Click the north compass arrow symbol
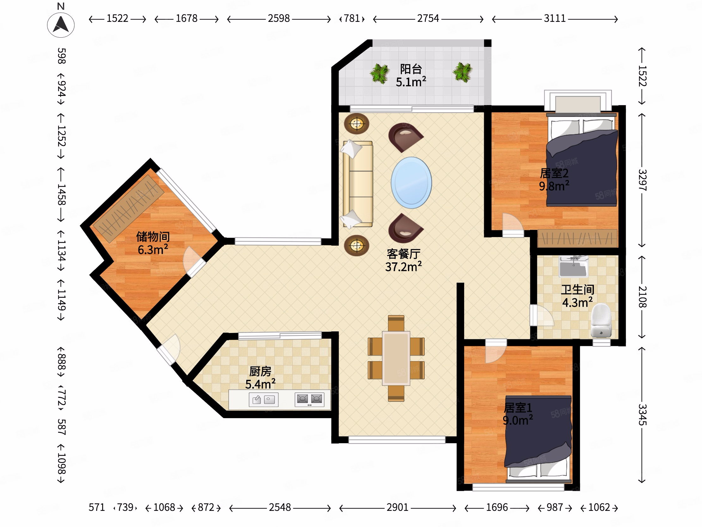pos(61,24)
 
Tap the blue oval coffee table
pos(411,183)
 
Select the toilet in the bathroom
pos(601,321)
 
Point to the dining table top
pos(396,358)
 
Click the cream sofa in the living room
pos(358,184)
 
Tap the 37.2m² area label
pos(403,267)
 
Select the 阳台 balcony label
pos(411,69)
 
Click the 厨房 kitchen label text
pos(260,371)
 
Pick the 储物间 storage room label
pos(153,237)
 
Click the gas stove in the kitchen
pos(310,399)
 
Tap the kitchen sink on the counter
pos(263,400)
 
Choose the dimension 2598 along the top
pos(279,18)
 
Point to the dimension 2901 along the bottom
pos(397,507)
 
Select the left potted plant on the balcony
pos(379,73)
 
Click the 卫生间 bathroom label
pos(578,290)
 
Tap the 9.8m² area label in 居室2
pos(554,186)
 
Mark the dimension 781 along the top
pos(352,18)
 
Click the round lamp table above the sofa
pos(357,123)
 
